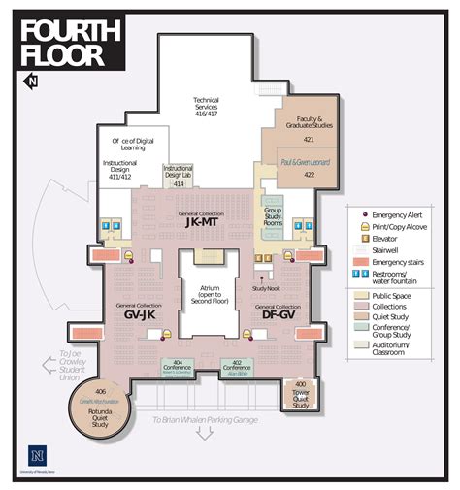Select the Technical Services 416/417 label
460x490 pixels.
tap(206, 105)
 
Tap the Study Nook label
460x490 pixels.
tap(265, 288)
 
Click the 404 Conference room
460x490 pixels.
tap(178, 368)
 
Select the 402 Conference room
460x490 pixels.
tap(237, 368)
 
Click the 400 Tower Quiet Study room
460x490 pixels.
tap(301, 393)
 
